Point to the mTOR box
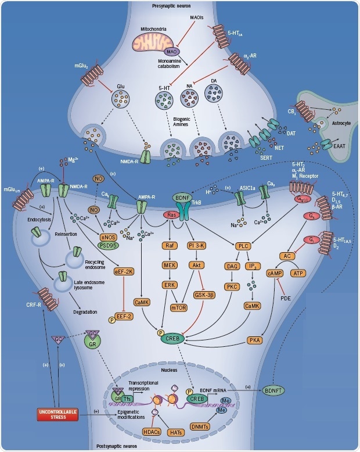(x=193, y=292)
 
